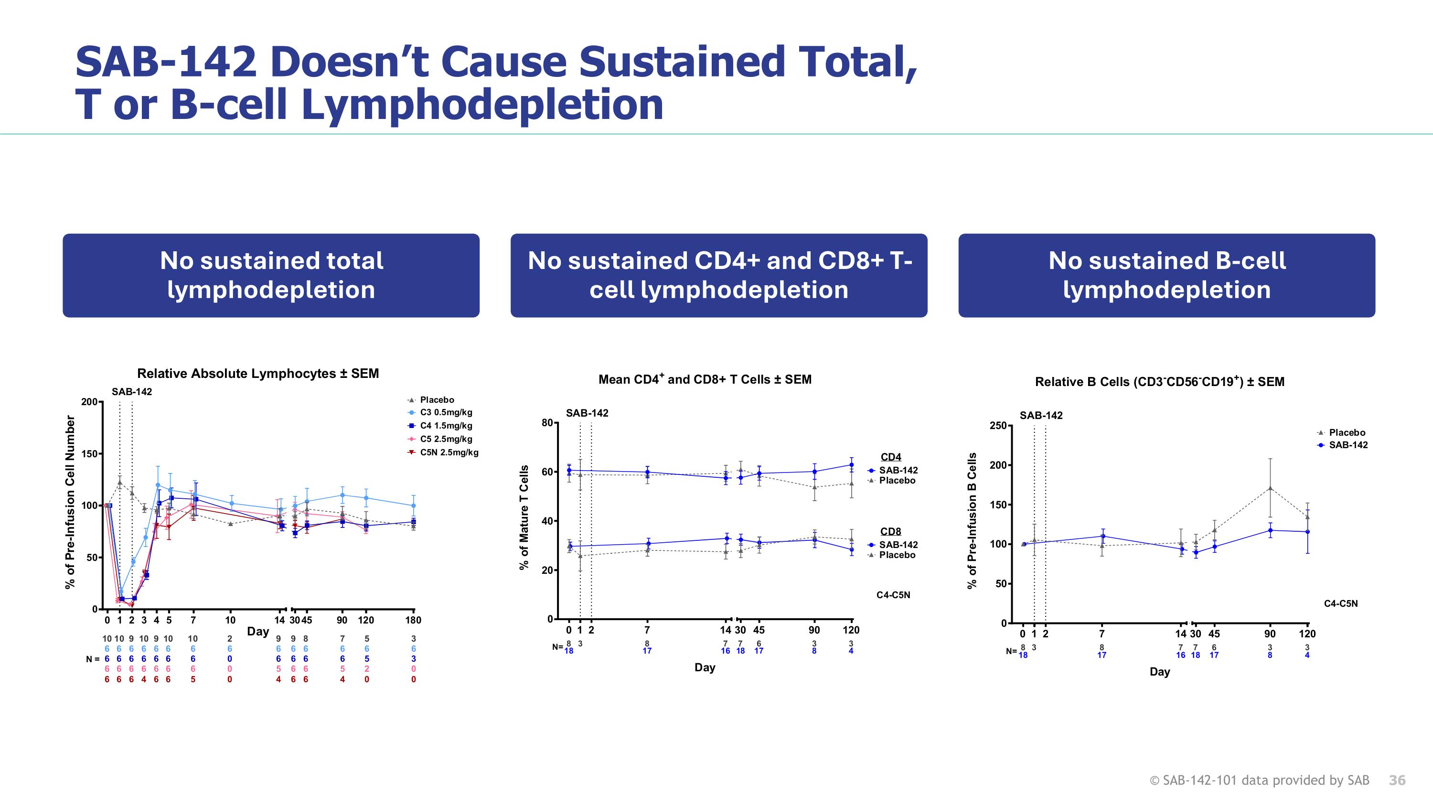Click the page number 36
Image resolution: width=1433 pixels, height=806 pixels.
[x=1397, y=780]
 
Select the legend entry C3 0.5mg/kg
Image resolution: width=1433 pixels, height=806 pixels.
[x=446, y=412]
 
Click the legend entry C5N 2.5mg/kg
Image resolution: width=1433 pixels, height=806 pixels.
[x=449, y=452]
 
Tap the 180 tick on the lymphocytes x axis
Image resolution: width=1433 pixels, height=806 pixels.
[x=413, y=620]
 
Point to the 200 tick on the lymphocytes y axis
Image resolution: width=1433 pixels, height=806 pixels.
[x=89, y=402]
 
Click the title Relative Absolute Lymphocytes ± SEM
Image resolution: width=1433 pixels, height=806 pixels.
[x=257, y=373]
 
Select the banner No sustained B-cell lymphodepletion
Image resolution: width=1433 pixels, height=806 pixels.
[x=1166, y=275]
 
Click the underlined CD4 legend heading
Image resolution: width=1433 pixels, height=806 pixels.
[x=891, y=457]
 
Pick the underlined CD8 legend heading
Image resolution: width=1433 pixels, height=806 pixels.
[x=891, y=531]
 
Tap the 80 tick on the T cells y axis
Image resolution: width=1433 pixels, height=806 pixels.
[x=547, y=423]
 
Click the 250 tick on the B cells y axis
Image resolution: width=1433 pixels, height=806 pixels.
[x=997, y=426]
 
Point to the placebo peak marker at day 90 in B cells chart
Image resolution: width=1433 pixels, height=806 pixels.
[x=1270, y=488]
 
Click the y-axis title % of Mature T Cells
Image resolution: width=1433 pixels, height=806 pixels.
[x=524, y=517]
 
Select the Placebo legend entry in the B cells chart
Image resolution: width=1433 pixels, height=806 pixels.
[x=1346, y=432]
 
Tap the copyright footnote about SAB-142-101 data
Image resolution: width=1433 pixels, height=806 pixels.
[x=1259, y=780]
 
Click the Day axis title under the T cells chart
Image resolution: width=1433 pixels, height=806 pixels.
[x=704, y=667]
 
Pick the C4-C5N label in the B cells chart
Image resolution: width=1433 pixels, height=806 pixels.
[x=1340, y=603]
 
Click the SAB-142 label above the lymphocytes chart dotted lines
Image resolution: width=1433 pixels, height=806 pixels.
[x=132, y=392]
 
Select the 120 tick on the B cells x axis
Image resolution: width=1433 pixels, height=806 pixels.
[x=1307, y=634]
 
